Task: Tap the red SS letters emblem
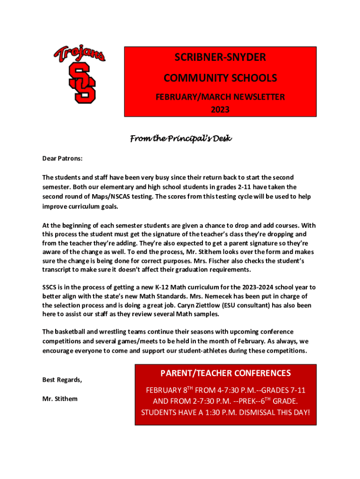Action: click(x=82, y=83)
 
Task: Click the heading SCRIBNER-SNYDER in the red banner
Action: click(x=220, y=58)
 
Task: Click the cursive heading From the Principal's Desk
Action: click(x=180, y=139)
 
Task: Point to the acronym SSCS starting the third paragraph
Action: click(x=50, y=287)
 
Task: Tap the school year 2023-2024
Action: click(x=260, y=287)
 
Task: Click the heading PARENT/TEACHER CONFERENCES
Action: click(x=225, y=373)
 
